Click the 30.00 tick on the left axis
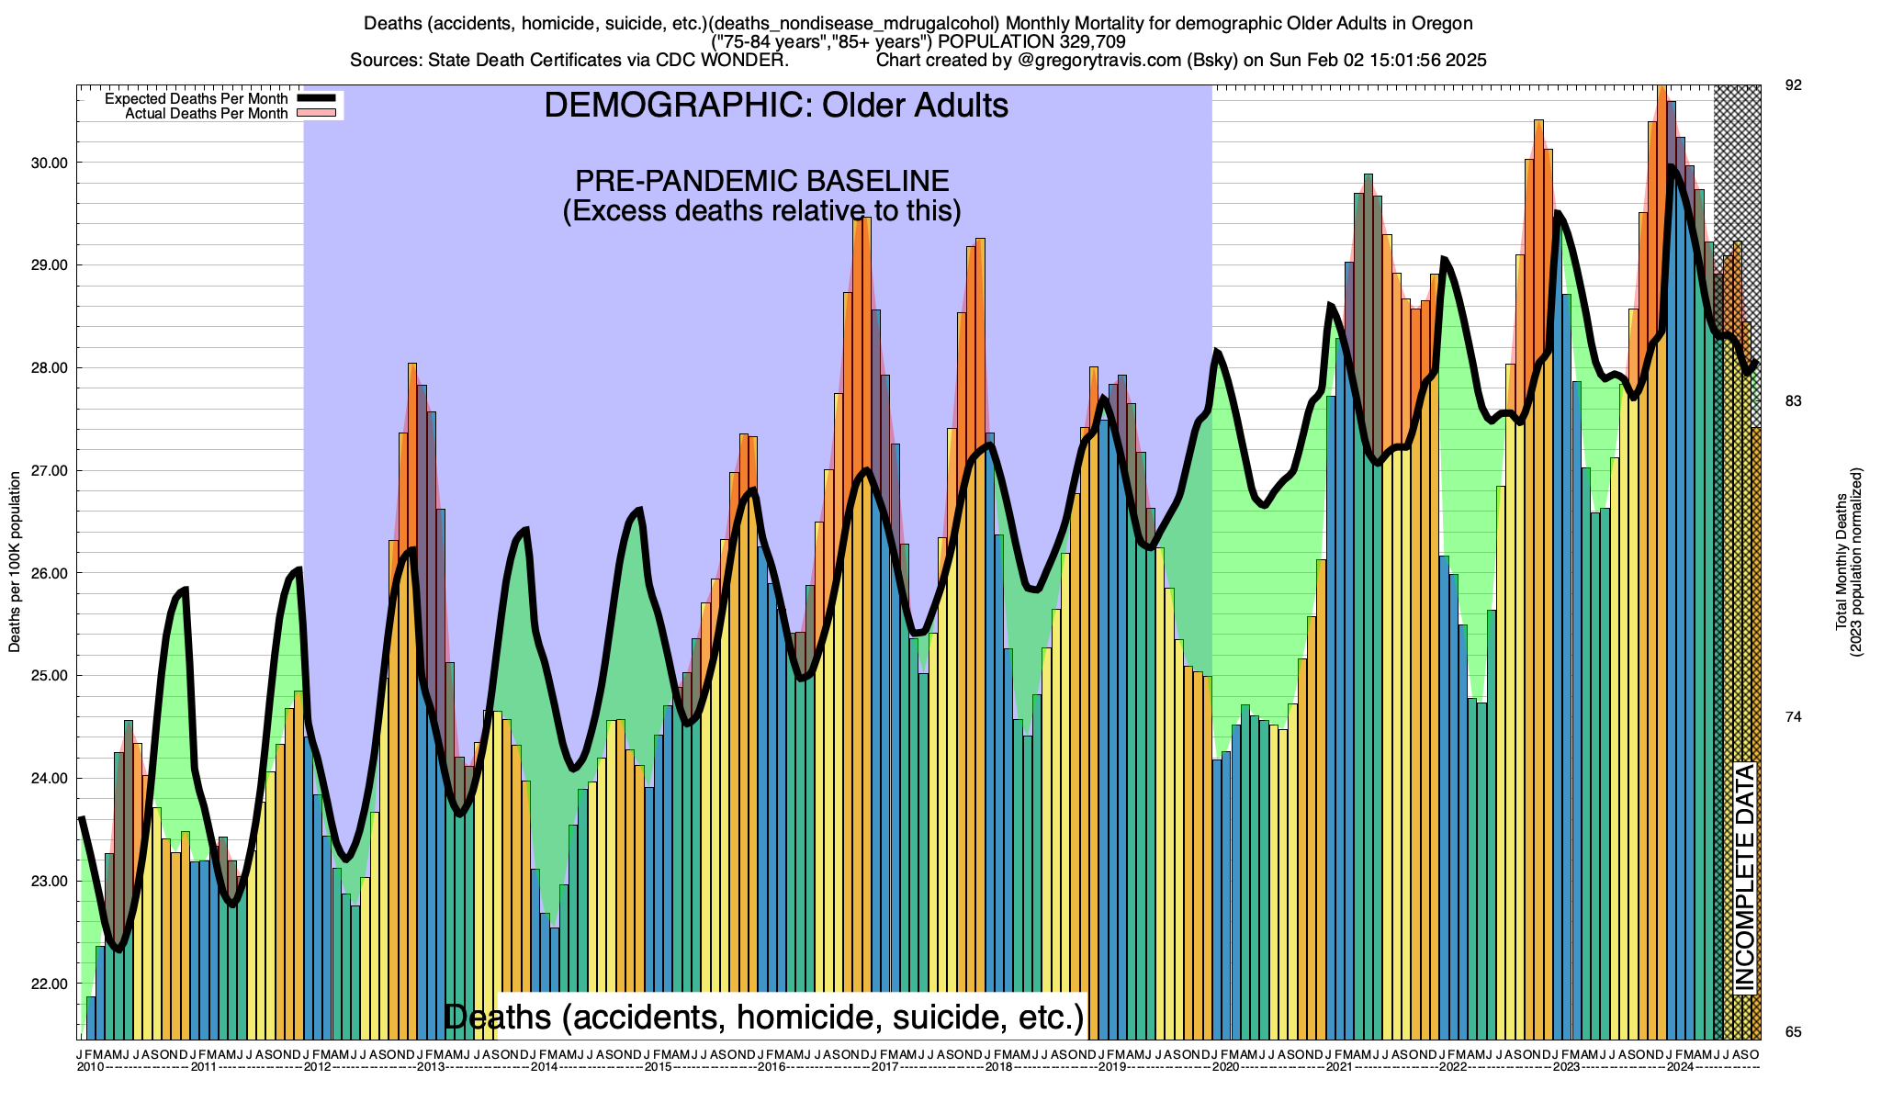50,163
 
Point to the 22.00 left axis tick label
50,984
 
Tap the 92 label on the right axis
1793,85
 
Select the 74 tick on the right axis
1793,716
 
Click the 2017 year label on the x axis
884,1067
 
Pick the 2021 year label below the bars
1339,1067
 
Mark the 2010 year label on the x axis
90,1067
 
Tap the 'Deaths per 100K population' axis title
15,562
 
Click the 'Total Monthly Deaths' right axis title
1841,562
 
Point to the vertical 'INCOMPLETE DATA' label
1744,878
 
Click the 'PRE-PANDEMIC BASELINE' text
761,180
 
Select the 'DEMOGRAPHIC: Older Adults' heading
776,106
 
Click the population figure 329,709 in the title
1083,41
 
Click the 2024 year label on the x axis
1680,1067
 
